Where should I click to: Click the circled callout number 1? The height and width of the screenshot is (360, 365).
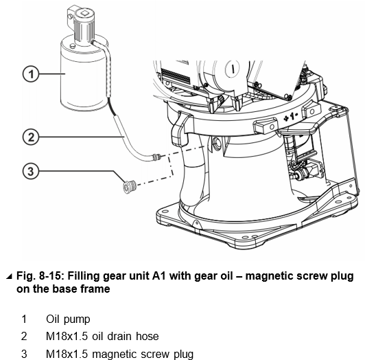[31, 74]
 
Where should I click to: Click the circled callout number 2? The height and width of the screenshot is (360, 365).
[31, 137]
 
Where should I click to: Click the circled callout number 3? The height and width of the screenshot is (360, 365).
[31, 171]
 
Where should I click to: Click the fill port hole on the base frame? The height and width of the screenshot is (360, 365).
[216, 142]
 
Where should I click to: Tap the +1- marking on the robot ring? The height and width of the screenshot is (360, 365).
[290, 117]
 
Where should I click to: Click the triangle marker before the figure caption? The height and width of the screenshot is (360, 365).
[9, 276]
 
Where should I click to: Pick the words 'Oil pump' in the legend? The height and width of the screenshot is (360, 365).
[68, 319]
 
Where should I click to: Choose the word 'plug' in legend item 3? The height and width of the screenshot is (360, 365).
[184, 354]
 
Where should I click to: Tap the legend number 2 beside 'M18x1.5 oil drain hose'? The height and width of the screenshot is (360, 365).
[24, 336]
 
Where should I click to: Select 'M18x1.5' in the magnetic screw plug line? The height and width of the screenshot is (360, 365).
[67, 354]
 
